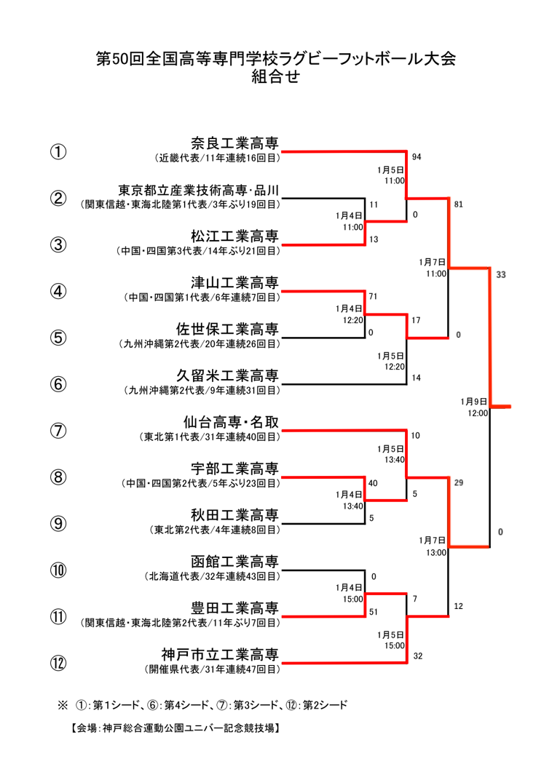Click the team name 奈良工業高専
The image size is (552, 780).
[234, 143]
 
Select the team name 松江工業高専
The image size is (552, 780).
[234, 236]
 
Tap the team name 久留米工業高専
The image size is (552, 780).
[227, 375]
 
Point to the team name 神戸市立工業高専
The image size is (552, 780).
[220, 655]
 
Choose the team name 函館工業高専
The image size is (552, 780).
[234, 562]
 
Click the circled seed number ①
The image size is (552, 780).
[58, 152]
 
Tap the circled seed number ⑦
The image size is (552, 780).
[58, 431]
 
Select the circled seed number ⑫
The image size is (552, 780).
[58, 663]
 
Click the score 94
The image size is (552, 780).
[417, 157]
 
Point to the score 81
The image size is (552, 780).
[459, 204]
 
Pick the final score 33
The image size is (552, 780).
[501, 274]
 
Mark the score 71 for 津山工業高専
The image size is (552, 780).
[374, 296]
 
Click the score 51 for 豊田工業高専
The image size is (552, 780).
[374, 613]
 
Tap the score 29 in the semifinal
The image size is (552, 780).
[459, 482]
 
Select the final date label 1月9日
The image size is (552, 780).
[473, 402]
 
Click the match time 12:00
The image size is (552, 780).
[478, 413]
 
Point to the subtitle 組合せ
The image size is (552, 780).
[275, 76]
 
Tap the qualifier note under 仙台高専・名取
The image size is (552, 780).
[210, 437]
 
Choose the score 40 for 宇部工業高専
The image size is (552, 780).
[373, 483]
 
